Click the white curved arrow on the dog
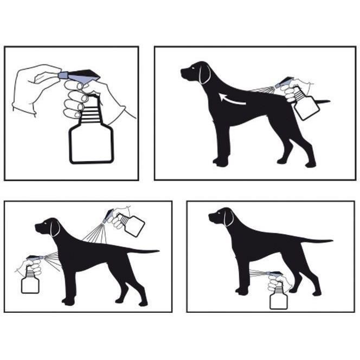tap(232, 99)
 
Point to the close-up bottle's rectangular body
tap(91, 144)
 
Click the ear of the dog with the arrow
tap(204, 74)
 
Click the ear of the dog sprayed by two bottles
tap(55, 228)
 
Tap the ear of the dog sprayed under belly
tap(229, 217)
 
